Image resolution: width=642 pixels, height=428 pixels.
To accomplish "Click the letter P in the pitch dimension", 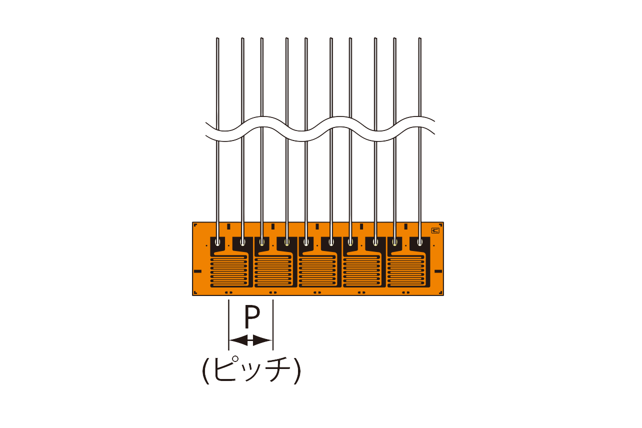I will pos(252,316).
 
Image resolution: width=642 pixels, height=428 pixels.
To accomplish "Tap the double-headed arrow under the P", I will pos(250,340).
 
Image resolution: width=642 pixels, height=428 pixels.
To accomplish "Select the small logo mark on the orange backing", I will pos(435,230).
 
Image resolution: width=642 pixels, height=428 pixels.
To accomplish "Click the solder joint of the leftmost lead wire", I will pos(217,242).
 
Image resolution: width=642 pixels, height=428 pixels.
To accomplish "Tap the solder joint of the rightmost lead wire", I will pos(420,242).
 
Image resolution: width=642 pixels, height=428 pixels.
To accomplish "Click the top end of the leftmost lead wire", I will pos(217,39).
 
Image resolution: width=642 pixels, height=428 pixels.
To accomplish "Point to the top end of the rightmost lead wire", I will pos(419,39).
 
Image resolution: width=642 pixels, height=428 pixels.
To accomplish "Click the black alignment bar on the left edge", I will pos(197,271).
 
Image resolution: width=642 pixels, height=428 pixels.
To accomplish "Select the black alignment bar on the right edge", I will pos(438,271).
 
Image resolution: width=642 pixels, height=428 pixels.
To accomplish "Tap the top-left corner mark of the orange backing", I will pos(195,225).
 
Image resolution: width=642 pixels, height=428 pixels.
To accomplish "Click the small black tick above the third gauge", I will pos(317,226).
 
